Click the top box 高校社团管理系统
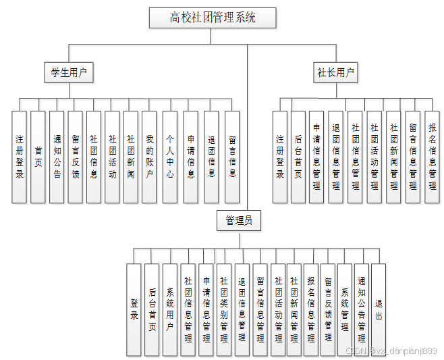213,18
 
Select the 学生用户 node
69,72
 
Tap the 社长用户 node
336,72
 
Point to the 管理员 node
239,220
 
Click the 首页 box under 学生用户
38,157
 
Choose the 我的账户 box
149,157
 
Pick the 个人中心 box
170,157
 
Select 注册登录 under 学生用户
20,157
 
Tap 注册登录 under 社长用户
280,157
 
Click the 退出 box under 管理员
379,309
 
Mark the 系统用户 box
170,309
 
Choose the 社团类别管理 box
223,309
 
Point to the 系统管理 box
344,309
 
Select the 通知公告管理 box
362,309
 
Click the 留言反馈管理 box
327,309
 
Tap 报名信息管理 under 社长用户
432,157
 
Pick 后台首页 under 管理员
152,309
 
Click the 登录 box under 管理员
134,309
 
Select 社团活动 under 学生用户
112,157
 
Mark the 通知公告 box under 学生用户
57,157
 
